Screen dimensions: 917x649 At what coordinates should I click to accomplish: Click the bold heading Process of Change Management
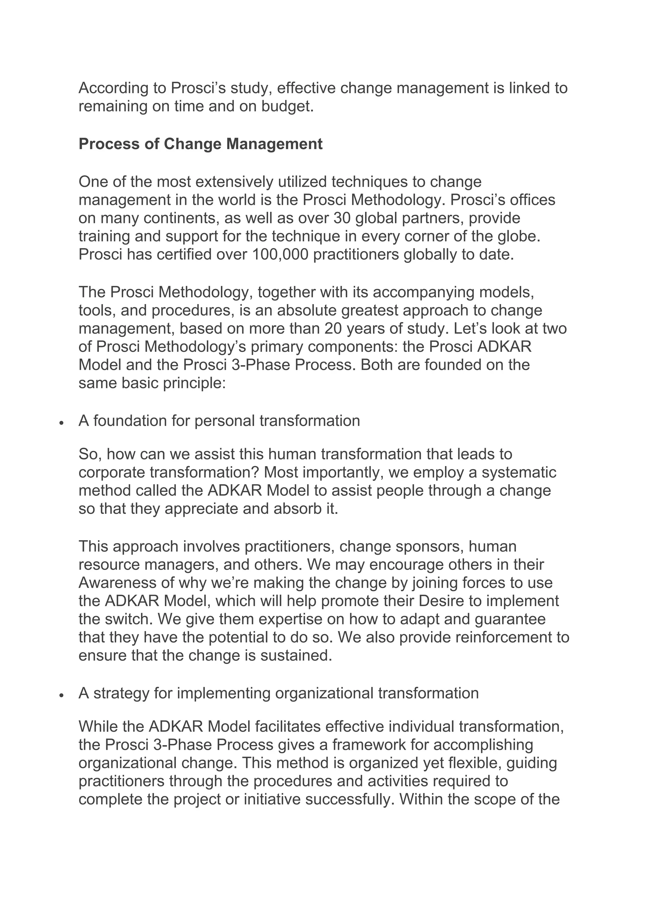click(x=200, y=144)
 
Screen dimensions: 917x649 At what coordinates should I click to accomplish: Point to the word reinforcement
click(x=504, y=637)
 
